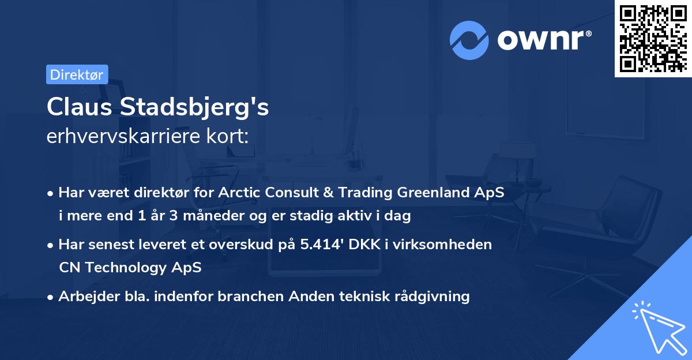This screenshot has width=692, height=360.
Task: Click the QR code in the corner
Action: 653,39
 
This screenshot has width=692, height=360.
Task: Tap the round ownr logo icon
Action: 469,39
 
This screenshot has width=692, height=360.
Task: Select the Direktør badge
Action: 77,74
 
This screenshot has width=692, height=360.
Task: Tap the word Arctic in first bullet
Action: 240,193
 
